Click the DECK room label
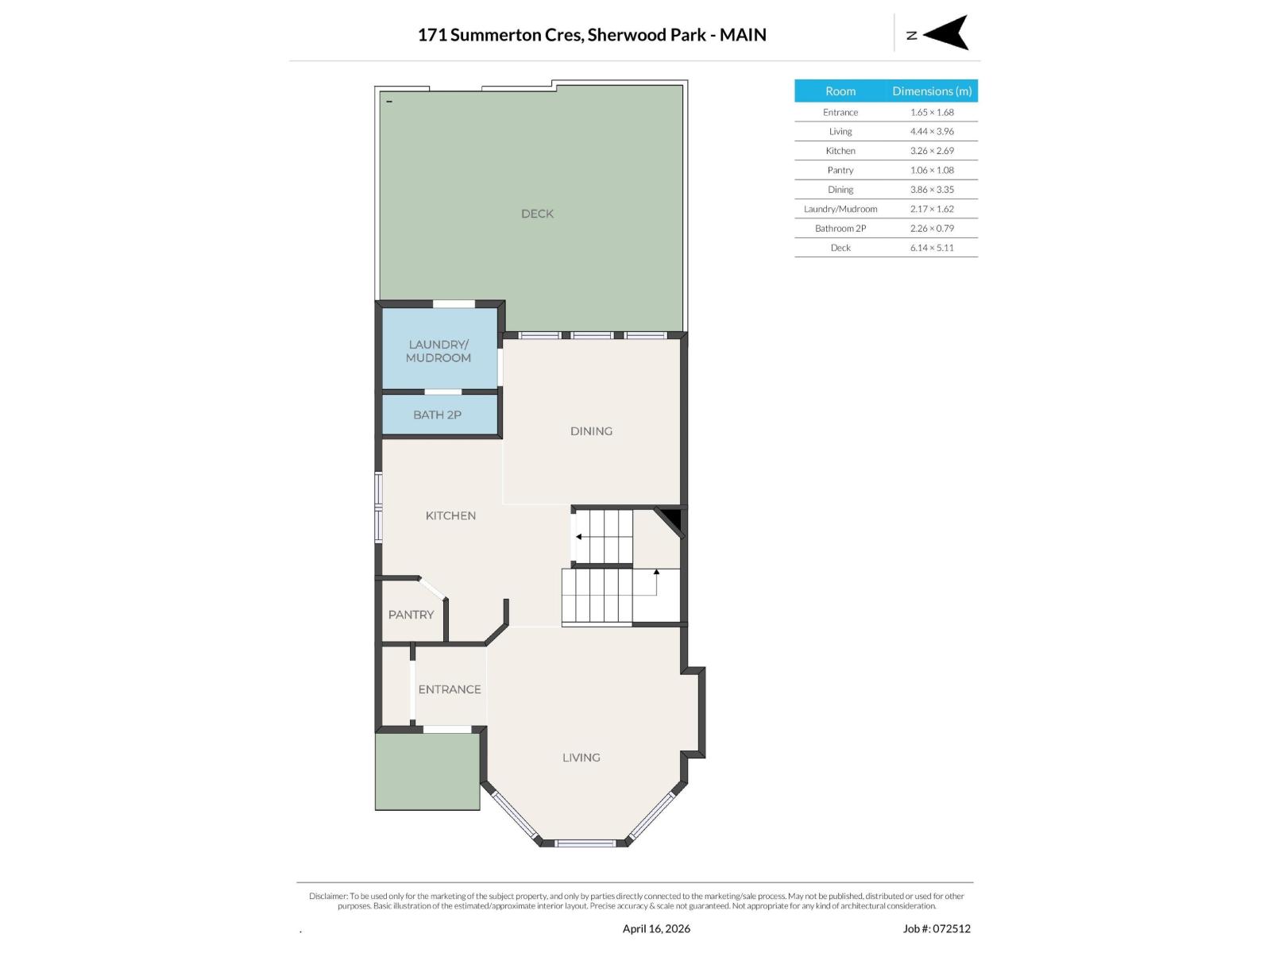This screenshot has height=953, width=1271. point(537,214)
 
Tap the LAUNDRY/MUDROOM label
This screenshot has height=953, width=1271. point(438,351)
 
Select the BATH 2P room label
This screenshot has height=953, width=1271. point(437,415)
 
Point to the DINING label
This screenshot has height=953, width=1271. point(591,431)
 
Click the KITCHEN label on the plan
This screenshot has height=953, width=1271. point(450,515)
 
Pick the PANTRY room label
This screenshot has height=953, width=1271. point(411,615)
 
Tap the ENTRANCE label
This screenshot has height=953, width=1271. point(450,689)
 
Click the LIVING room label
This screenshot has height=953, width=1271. point(581,758)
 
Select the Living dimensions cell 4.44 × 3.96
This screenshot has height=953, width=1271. point(932,132)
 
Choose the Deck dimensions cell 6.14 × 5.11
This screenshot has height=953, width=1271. point(932,248)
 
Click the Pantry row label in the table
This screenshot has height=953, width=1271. point(840,170)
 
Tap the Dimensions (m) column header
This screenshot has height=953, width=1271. point(932,91)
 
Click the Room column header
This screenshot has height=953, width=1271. point(840,91)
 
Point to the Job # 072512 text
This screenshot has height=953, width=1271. point(937,928)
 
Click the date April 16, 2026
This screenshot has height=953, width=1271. point(656,928)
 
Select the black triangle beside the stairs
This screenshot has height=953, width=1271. point(674,519)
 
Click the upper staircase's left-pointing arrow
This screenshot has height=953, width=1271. point(579,537)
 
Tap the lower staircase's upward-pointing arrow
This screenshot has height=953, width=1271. point(656,572)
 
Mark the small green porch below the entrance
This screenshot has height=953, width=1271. point(427,770)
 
